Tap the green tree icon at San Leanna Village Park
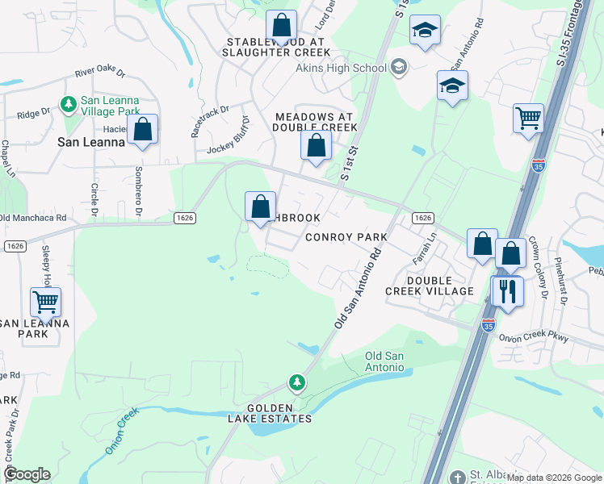[x=68, y=104]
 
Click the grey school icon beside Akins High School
[x=398, y=67]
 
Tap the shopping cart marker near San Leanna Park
[x=46, y=302]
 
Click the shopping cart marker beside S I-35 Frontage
[x=528, y=117]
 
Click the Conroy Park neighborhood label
[x=346, y=237]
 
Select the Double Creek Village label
[x=429, y=286]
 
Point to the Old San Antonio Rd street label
[x=358, y=287]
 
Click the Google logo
[x=27, y=474]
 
